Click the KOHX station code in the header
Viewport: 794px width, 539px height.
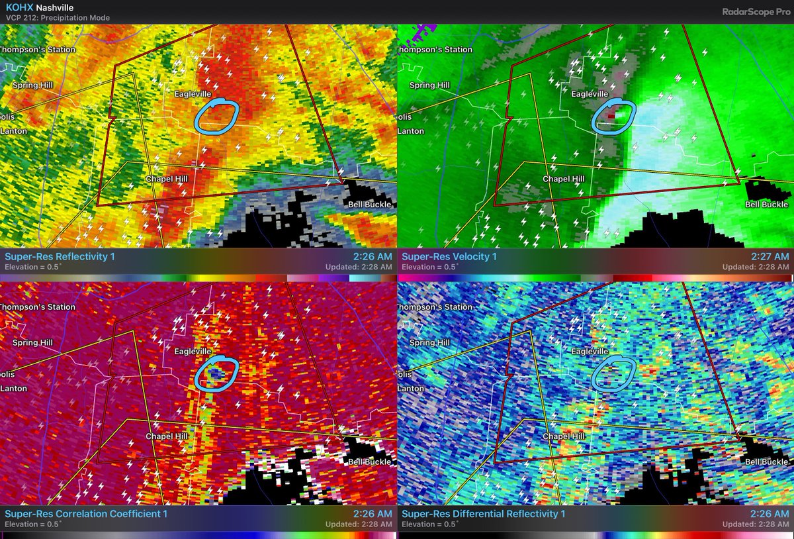[19, 7]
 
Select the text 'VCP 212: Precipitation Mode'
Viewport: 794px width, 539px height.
[57, 18]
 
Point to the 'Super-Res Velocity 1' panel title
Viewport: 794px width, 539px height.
[450, 256]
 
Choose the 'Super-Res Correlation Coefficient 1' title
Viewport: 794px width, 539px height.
[86, 513]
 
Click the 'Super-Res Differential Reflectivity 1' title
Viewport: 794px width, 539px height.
[484, 513]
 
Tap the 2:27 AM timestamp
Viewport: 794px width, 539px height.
[772, 256]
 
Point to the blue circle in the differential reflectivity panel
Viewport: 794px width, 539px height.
[613, 374]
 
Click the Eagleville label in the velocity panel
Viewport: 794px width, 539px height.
[590, 94]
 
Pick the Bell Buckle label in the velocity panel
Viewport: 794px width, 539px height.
[767, 205]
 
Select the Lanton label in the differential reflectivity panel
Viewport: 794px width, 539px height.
[412, 389]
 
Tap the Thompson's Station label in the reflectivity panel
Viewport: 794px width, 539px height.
[38, 50]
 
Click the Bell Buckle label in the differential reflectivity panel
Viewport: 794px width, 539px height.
[767, 462]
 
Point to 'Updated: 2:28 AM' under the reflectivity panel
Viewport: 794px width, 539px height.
[359, 267]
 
